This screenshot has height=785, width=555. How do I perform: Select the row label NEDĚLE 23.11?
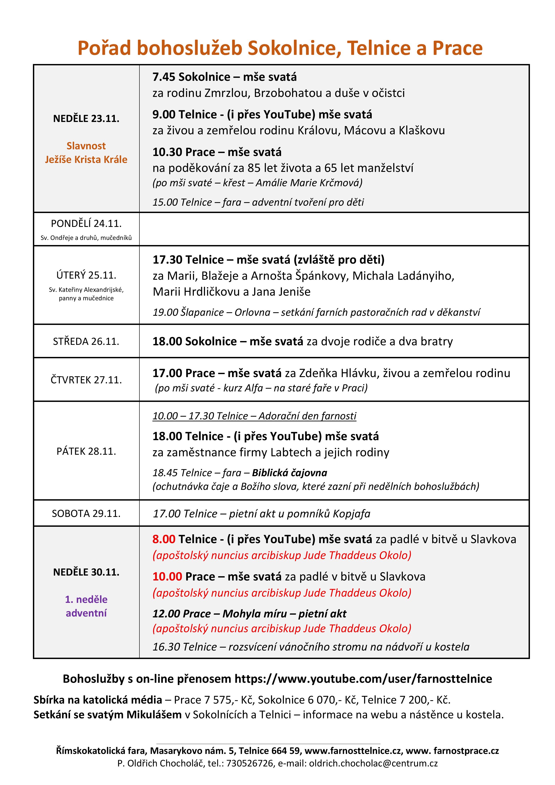pos(86,119)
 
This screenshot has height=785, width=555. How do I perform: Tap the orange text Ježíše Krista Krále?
pos(86,160)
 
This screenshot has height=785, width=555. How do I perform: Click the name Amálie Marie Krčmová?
pos(308,183)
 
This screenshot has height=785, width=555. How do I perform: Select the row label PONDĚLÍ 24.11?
pos(86,224)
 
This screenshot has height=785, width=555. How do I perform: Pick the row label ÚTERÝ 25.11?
pos(86,275)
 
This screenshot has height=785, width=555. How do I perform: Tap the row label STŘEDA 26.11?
pos(86,341)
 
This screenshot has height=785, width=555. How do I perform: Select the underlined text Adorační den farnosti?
pos(307,416)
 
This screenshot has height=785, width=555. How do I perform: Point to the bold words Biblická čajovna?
pos(289,473)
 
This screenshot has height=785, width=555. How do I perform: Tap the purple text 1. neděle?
pos(86,599)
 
